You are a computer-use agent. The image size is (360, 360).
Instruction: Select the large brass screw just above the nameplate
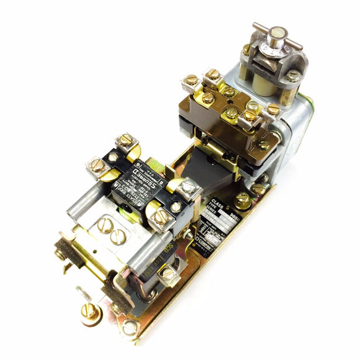point(243,200)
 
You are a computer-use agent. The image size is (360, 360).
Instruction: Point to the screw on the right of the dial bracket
point(292,76)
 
